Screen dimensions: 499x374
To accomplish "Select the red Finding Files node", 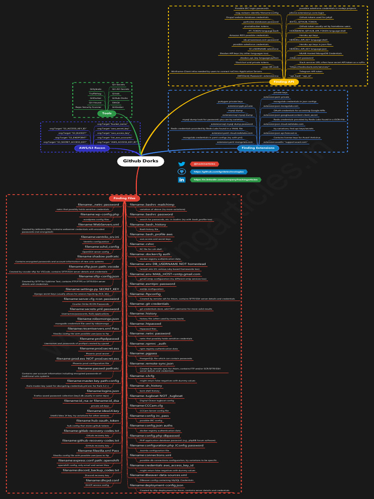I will coord(125,198).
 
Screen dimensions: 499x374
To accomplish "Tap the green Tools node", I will coord(107,114).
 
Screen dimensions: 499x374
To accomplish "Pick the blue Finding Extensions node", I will coord(258,148).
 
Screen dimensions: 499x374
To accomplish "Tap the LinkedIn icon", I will coord(182,180).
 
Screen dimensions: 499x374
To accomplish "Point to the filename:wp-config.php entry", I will coord(100,214).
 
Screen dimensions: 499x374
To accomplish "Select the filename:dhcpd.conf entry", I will coord(103,480).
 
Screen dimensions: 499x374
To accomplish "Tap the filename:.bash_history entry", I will coord(148,224).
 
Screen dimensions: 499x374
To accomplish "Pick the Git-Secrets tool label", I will coord(118,85).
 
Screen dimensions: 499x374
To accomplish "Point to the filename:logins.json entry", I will coord(103,391).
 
